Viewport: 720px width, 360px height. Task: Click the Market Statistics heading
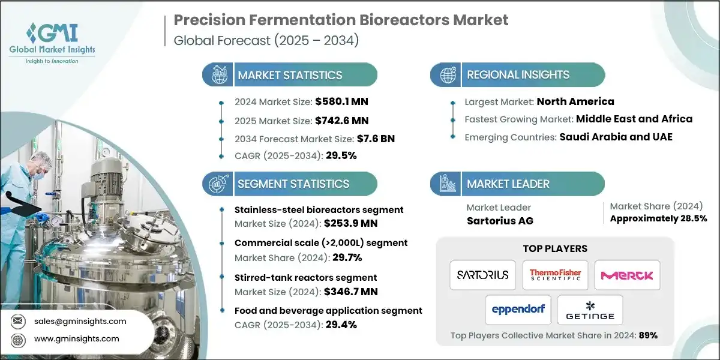[x=290, y=76]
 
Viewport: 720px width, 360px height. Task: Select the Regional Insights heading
[x=518, y=75]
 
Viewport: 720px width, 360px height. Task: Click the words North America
[x=575, y=101]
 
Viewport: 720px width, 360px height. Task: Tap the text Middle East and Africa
[x=634, y=119]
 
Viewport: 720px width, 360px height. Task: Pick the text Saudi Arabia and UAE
[x=616, y=136]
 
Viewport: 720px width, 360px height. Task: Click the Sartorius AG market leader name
[x=500, y=220]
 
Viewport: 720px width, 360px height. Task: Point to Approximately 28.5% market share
[x=658, y=218]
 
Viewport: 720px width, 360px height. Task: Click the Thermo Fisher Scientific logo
[x=555, y=275]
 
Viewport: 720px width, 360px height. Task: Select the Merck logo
[x=627, y=275]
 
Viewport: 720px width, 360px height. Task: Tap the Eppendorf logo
[x=518, y=310]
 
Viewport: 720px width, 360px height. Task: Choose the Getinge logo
[x=590, y=310]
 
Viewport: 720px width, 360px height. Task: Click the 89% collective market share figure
[x=648, y=335]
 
